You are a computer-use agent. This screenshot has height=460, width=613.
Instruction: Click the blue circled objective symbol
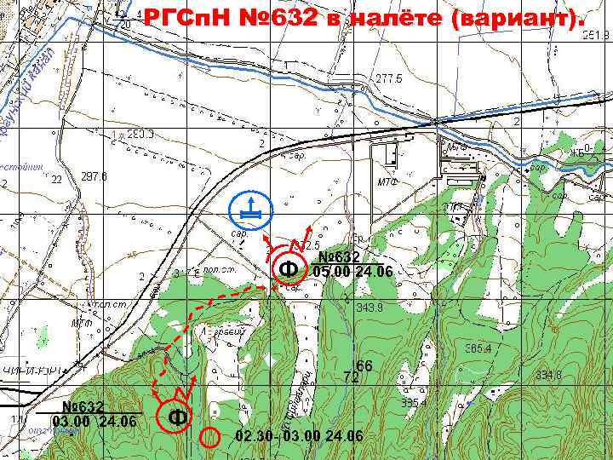point(250,207)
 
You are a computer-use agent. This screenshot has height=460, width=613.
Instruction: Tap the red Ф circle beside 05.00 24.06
point(289,270)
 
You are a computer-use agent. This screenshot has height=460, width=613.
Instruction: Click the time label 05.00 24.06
point(352,272)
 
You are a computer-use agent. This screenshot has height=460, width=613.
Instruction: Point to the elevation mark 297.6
point(94,177)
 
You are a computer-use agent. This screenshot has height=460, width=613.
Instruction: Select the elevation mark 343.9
point(370,307)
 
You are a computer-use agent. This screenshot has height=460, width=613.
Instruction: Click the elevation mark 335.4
point(414,402)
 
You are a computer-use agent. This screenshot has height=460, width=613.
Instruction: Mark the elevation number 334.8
point(548,375)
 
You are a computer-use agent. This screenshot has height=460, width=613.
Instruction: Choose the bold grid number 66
point(364,365)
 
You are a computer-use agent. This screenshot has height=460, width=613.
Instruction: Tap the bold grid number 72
point(350,376)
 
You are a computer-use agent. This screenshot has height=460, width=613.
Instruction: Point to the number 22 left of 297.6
point(56,180)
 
